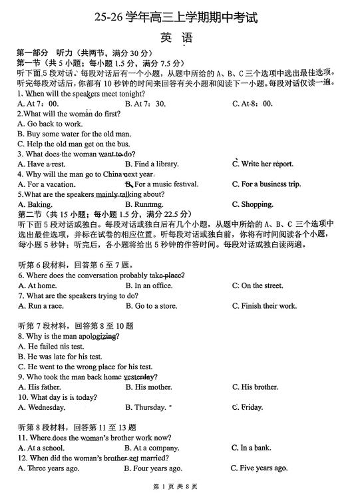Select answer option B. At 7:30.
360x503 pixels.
pyautogui.click(x=145, y=104)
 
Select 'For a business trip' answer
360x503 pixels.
pyautogui.click(x=266, y=184)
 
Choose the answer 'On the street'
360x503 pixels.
pyautogui.click(x=257, y=285)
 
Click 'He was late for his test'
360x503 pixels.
pyautogui.click(x=60, y=357)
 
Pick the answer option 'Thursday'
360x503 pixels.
pyautogui.click(x=145, y=407)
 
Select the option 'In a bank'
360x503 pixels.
pyautogui.click(x=251, y=448)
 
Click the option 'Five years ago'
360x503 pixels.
pyautogui.click(x=259, y=468)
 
